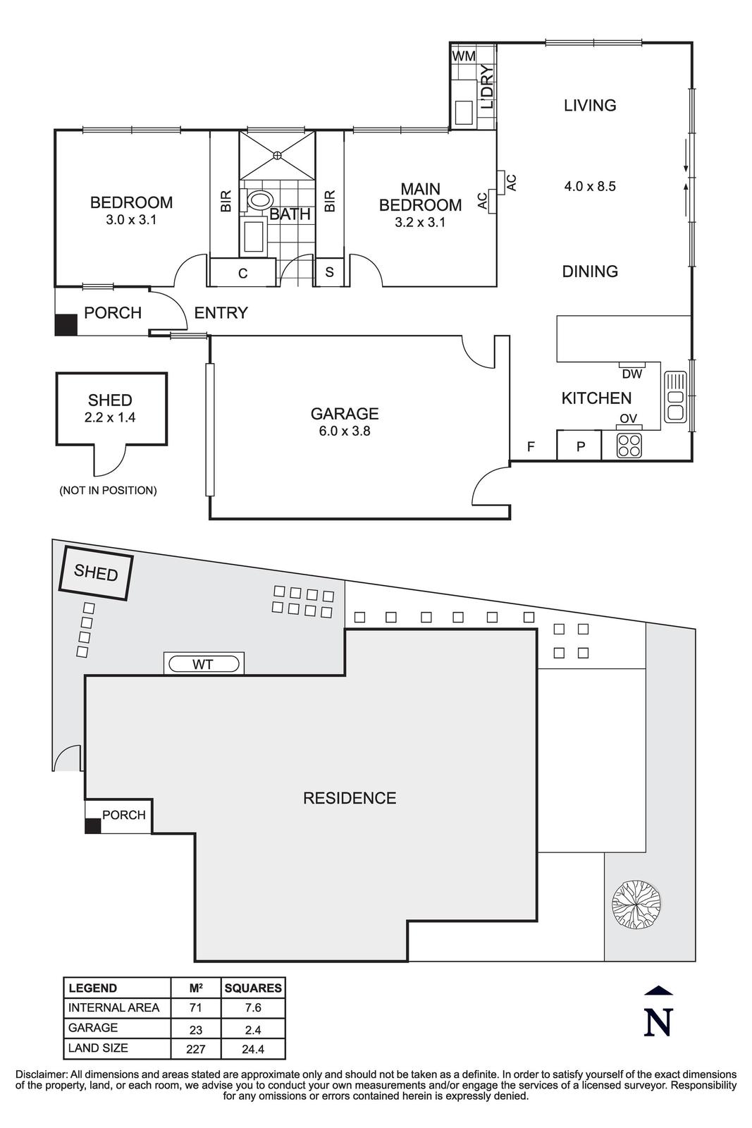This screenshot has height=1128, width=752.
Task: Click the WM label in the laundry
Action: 463,56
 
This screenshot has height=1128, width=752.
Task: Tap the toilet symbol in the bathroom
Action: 259,200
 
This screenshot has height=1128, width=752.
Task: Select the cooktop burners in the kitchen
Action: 629,445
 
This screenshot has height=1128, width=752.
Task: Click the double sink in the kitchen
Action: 675,397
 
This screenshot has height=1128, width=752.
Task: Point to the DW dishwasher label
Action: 632,374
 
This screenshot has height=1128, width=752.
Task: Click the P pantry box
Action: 580,446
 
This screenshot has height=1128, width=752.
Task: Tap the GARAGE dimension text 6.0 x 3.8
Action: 345,431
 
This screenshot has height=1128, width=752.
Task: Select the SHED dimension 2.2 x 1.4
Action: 110,417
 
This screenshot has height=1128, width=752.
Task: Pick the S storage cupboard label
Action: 329,272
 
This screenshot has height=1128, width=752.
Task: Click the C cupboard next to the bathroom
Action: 242,274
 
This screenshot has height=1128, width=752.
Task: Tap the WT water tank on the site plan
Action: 204,664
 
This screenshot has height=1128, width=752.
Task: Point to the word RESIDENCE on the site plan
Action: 349,798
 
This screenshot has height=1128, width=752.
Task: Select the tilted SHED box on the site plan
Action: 96,572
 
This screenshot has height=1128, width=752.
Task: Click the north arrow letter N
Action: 658,1022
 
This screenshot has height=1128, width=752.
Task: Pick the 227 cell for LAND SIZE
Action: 195,1049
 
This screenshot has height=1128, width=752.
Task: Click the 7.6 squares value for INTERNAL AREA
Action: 252,1008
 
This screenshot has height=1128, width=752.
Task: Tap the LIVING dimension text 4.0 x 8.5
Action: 590,187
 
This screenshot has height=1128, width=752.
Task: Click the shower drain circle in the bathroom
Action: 277,154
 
